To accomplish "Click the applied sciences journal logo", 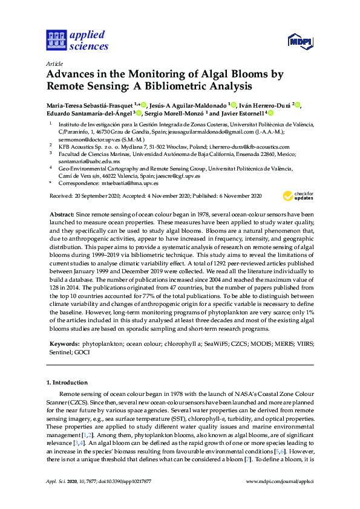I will (77, 39).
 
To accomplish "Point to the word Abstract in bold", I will (62, 215).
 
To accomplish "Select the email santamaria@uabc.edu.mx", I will (89, 161).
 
